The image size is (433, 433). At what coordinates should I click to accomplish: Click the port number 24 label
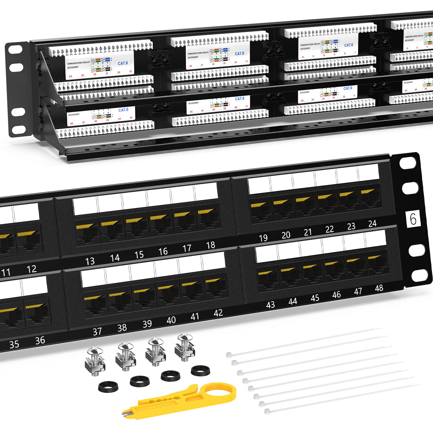[372, 223]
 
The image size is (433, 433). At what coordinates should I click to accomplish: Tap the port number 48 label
[379, 288]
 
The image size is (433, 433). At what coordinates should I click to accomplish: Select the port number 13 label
[90, 261]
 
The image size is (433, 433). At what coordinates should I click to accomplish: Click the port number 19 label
[263, 238]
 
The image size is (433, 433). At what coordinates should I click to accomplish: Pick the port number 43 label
[270, 305]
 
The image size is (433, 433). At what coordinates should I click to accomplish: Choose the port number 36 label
[40, 341]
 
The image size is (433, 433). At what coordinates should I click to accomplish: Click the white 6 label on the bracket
[413, 219]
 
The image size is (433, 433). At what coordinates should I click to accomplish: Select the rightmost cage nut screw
[185, 348]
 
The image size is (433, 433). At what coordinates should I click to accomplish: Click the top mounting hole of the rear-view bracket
[16, 50]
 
